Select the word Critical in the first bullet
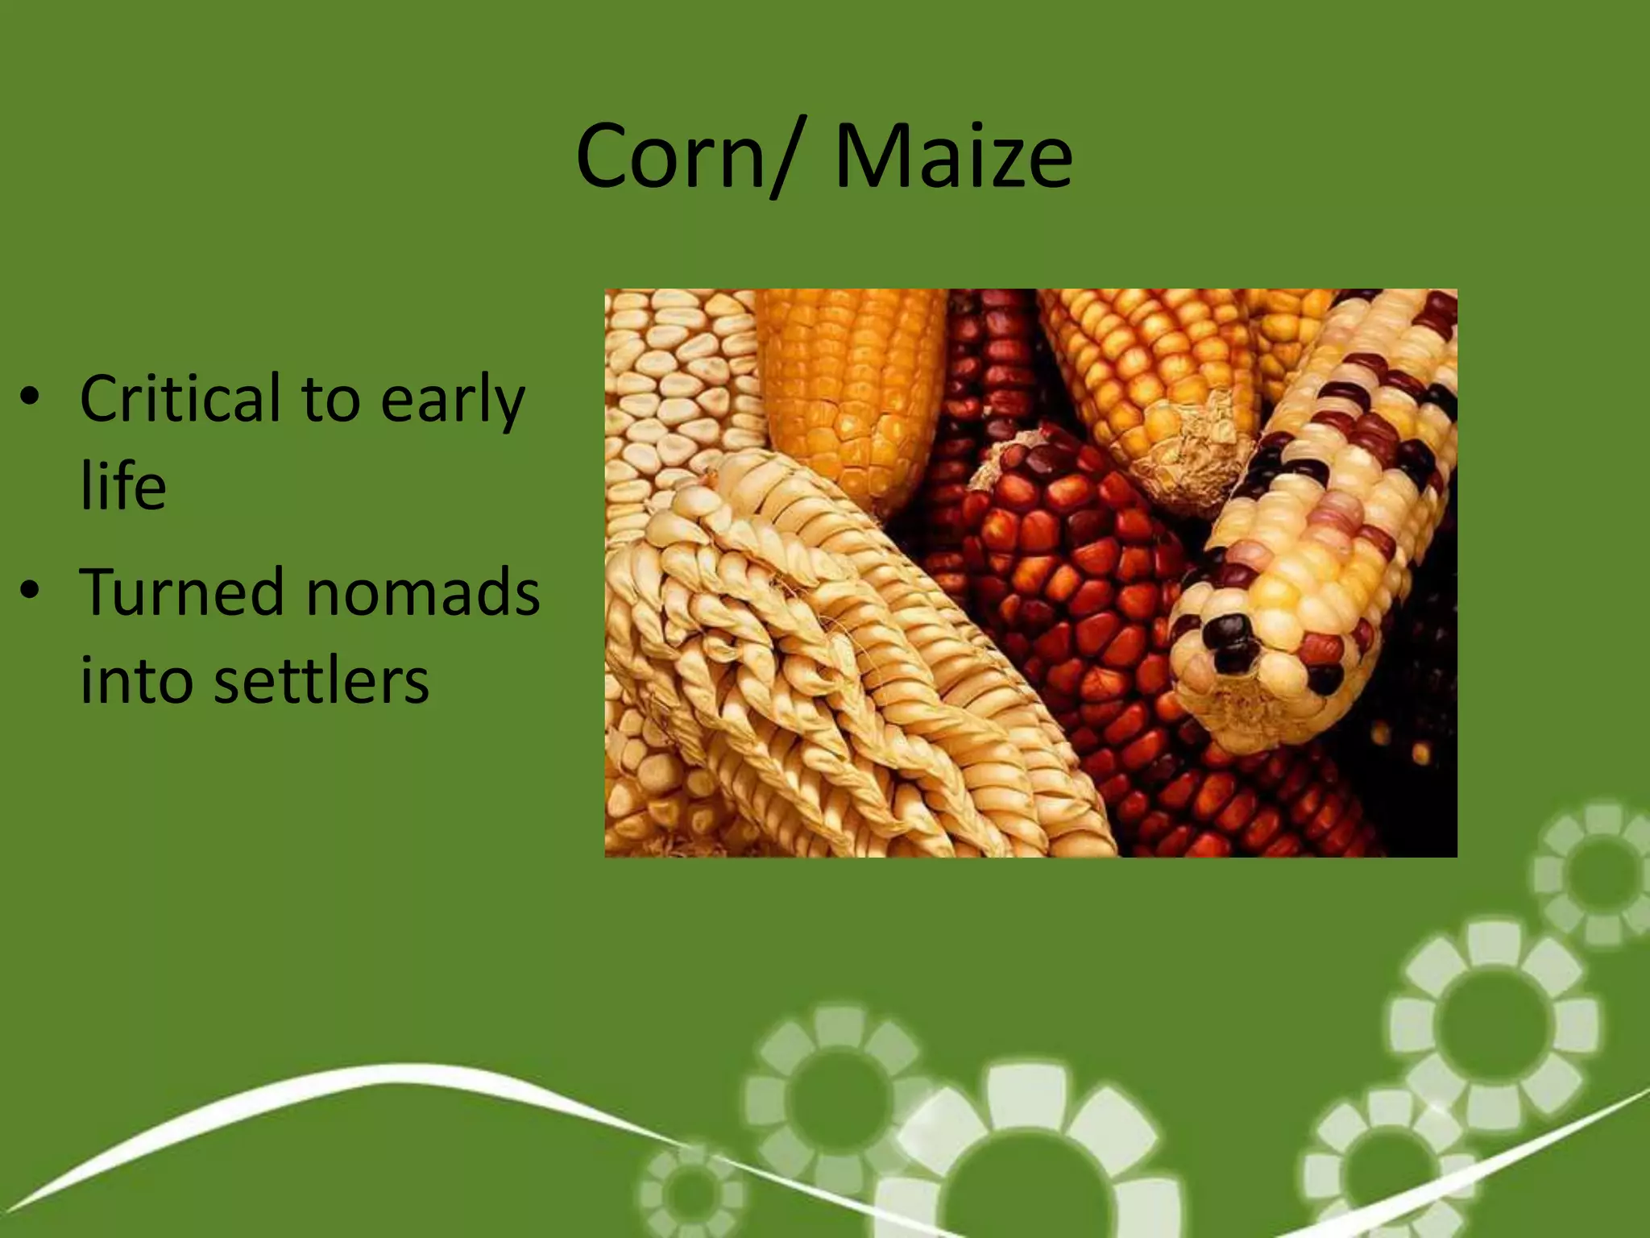[x=180, y=398]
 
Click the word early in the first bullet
[x=452, y=401]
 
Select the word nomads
[x=422, y=592]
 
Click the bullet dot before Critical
[x=31, y=398]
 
